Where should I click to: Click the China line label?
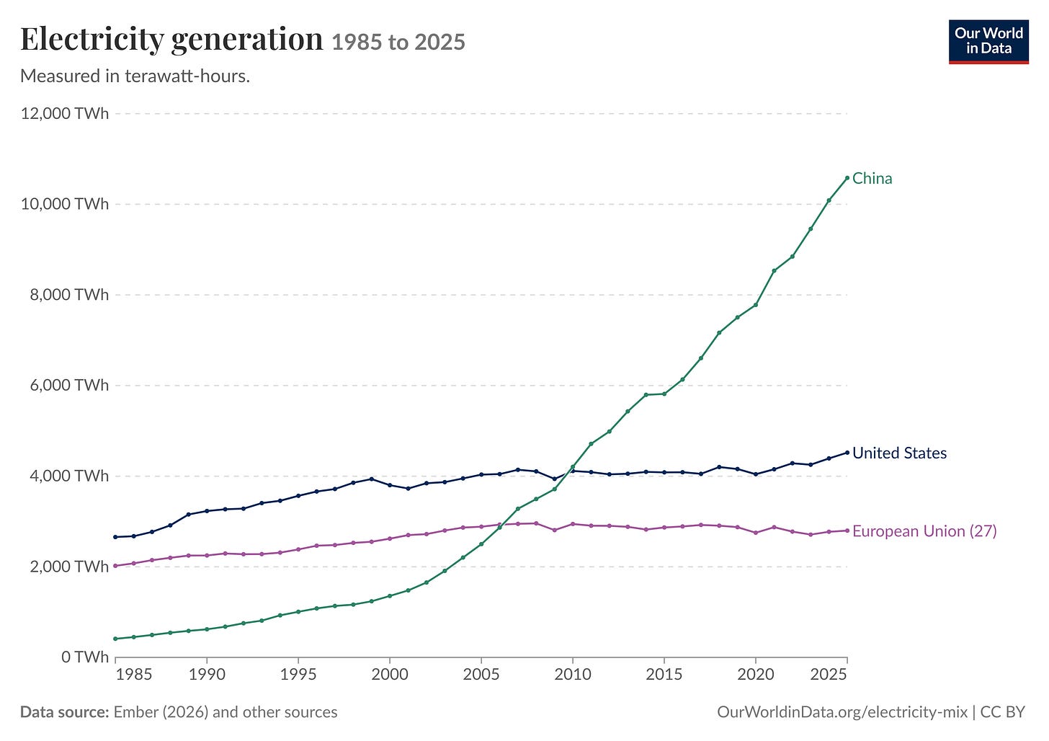[x=872, y=179]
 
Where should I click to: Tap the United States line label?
[x=899, y=453]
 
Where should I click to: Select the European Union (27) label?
[x=924, y=531]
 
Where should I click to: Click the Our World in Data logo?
[x=988, y=42]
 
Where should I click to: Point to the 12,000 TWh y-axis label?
[x=65, y=113]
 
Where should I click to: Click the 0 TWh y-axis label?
[x=85, y=657]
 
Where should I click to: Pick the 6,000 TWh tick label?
[x=69, y=385]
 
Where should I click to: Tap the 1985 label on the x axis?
[x=134, y=675]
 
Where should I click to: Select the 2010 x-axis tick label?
[x=573, y=675]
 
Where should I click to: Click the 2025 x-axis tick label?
[x=829, y=675]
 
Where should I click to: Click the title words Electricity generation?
[x=171, y=40]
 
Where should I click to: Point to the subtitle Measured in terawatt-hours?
[x=135, y=76]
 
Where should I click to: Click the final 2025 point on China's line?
[x=847, y=178]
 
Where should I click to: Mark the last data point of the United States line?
[x=847, y=453]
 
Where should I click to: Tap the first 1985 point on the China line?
[x=116, y=639]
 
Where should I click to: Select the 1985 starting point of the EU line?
[x=116, y=566]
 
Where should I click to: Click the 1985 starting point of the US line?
[x=116, y=537]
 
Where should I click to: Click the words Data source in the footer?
[x=65, y=712]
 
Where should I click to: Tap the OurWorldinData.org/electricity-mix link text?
[x=842, y=712]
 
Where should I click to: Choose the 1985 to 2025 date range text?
[x=398, y=42]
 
